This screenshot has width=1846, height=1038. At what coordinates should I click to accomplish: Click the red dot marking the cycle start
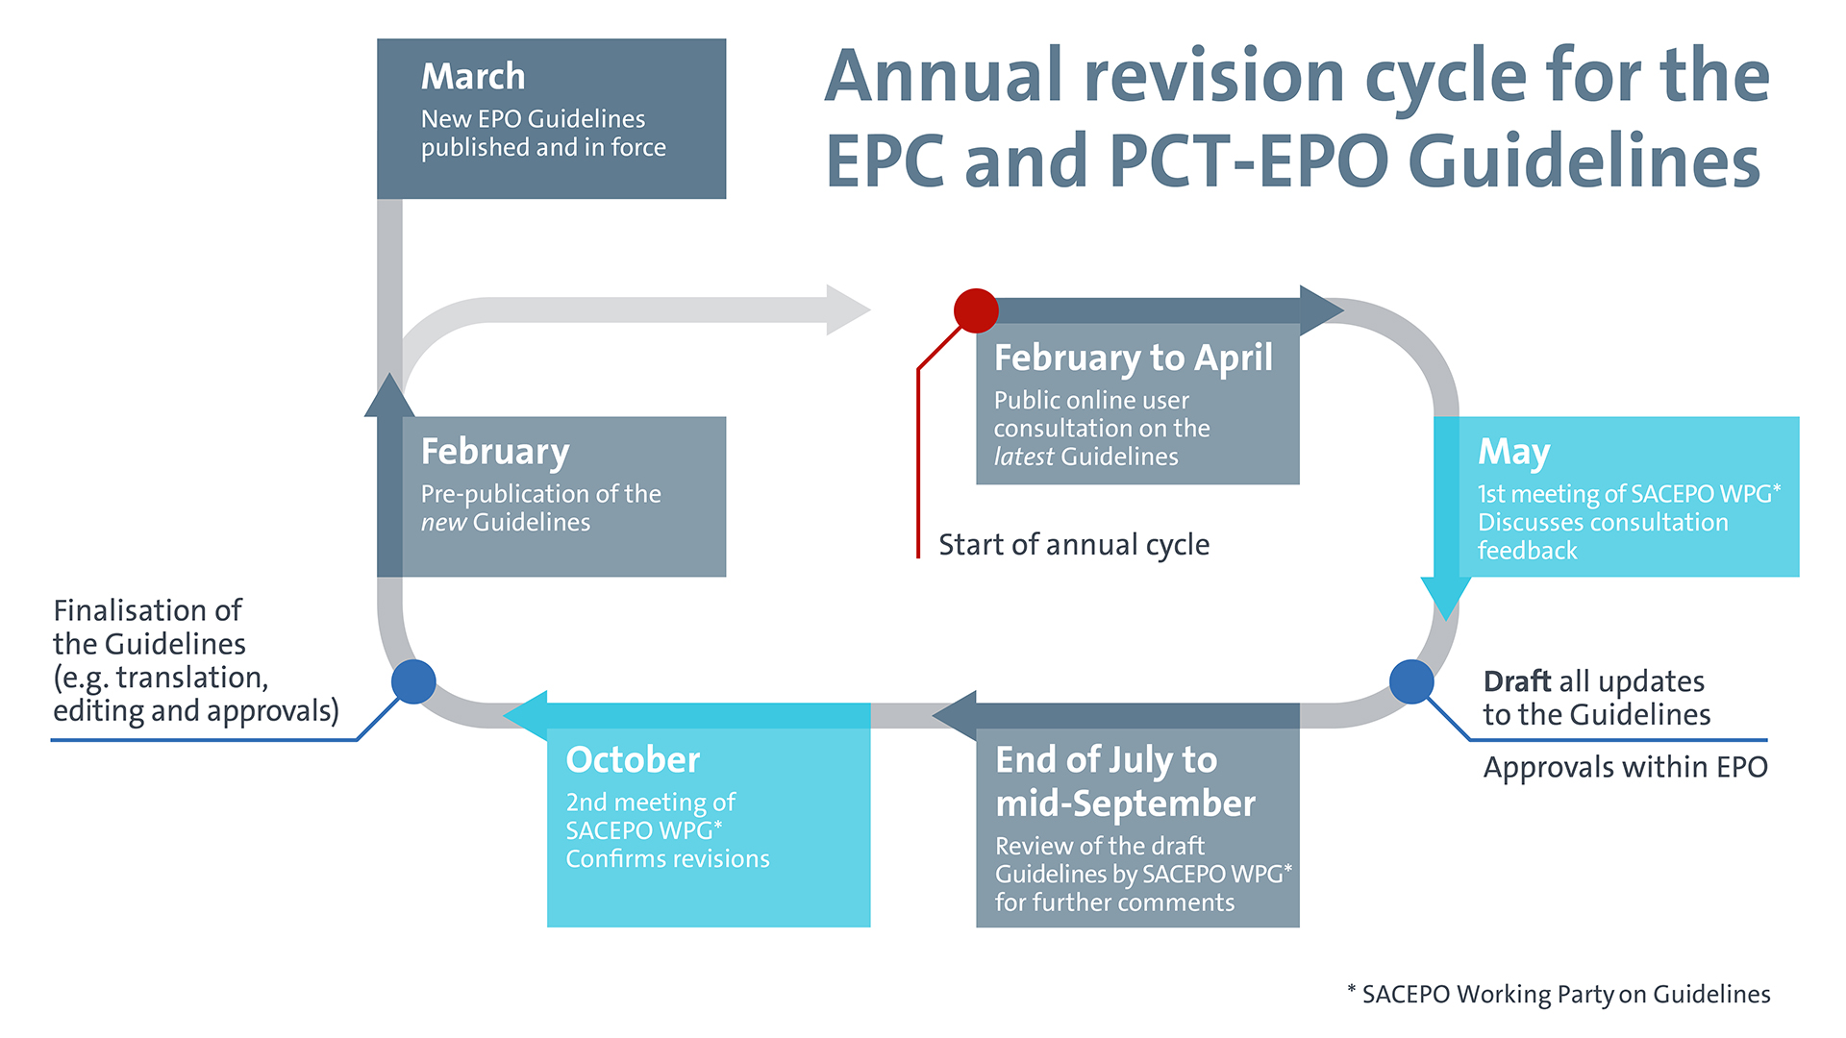pyautogui.click(x=976, y=310)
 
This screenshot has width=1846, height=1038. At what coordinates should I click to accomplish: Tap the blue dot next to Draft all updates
pyautogui.click(x=1411, y=681)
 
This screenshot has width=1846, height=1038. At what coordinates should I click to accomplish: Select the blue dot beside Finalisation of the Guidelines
pyautogui.click(x=413, y=681)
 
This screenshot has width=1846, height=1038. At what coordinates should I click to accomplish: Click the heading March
pyautogui.click(x=473, y=77)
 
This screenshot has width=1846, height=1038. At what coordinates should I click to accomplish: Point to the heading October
pyautogui.click(x=633, y=760)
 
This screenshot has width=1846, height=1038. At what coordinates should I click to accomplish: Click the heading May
pyautogui.click(x=1513, y=452)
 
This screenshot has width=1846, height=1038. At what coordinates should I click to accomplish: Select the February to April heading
pyautogui.click(x=1133, y=358)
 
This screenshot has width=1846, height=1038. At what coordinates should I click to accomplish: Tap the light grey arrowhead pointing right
pyautogui.click(x=847, y=309)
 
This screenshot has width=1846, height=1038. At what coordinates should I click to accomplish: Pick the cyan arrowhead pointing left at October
pyautogui.click(x=526, y=715)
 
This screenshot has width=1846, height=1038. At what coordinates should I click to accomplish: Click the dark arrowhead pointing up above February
pyautogui.click(x=388, y=396)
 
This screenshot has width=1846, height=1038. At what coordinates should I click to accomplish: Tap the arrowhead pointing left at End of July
pyautogui.click(x=956, y=715)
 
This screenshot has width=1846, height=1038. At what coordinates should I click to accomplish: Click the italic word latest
pyautogui.click(x=1023, y=457)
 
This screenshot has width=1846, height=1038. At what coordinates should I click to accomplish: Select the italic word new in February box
pyautogui.click(x=443, y=523)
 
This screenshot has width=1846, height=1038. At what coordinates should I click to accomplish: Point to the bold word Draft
pyautogui.click(x=1516, y=681)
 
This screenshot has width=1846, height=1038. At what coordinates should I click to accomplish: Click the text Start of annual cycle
pyautogui.click(x=1074, y=545)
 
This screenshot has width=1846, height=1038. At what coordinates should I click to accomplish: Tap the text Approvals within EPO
pyautogui.click(x=1625, y=767)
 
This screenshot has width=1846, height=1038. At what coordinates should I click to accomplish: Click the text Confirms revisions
pyautogui.click(x=667, y=859)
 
